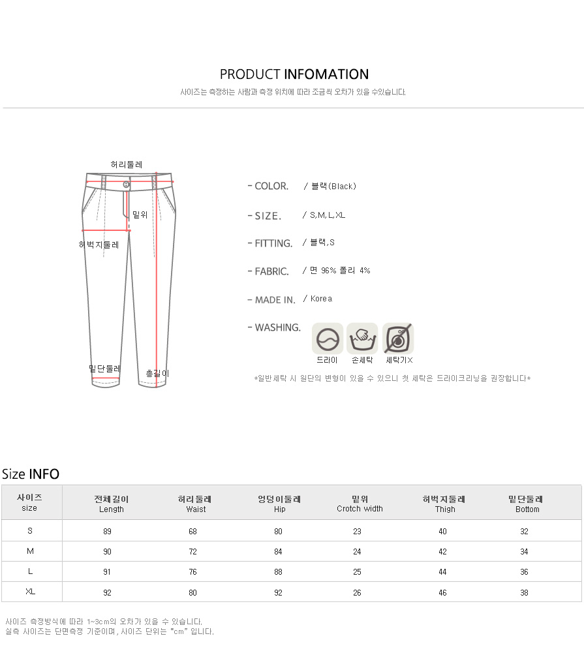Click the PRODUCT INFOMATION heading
[294, 74]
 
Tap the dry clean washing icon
[328, 339]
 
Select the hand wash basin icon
[362, 339]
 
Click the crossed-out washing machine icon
[398, 339]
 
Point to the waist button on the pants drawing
[126, 185]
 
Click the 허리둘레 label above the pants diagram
[127, 164]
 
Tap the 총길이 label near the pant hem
[158, 373]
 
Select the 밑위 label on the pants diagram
[140, 215]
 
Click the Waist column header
[196, 504]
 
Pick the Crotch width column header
[360, 504]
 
